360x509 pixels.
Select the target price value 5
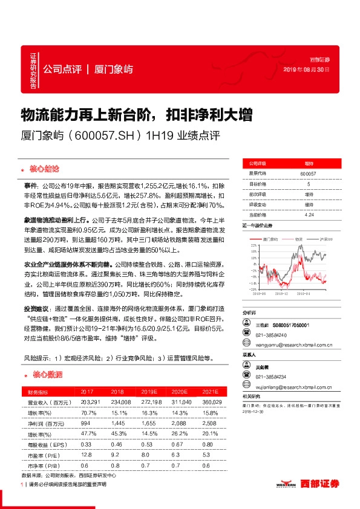tap(309, 184)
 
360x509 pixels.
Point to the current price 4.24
tap(309, 214)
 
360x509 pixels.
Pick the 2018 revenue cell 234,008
tap(121, 402)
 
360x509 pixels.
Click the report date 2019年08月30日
tap(306, 70)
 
